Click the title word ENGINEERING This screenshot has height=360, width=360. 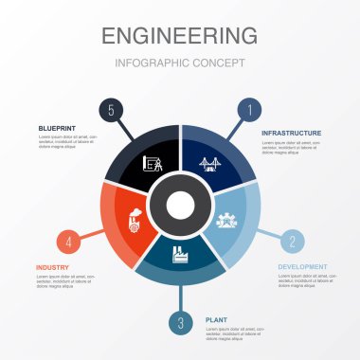179,36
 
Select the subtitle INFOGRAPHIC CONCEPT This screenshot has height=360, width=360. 179,63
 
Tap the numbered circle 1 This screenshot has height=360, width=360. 249,109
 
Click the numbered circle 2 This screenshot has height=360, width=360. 292,241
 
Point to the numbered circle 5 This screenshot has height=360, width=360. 111,111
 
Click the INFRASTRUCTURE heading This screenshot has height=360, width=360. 291,134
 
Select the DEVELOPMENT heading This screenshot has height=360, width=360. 302,266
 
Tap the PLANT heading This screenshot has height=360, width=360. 216,320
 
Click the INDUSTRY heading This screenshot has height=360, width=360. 52,267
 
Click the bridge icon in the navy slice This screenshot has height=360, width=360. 208,163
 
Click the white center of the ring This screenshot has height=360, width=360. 179,205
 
